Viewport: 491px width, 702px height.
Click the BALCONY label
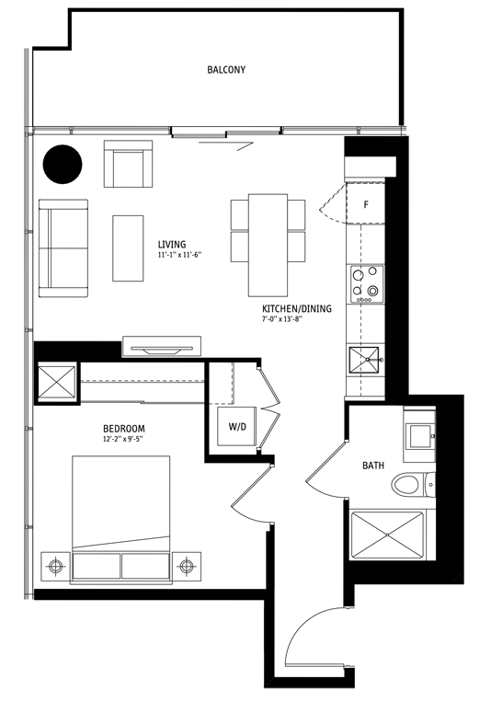(225, 70)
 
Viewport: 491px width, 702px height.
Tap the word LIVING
(172, 245)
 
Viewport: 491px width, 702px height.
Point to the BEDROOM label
(123, 430)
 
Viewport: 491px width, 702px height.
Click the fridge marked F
(366, 204)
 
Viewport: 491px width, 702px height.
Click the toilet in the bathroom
(407, 483)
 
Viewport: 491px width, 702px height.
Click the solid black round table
(63, 164)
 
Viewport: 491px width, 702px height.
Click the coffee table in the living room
(129, 247)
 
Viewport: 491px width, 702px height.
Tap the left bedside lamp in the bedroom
(55, 564)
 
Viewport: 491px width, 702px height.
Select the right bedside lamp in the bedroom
(188, 564)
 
